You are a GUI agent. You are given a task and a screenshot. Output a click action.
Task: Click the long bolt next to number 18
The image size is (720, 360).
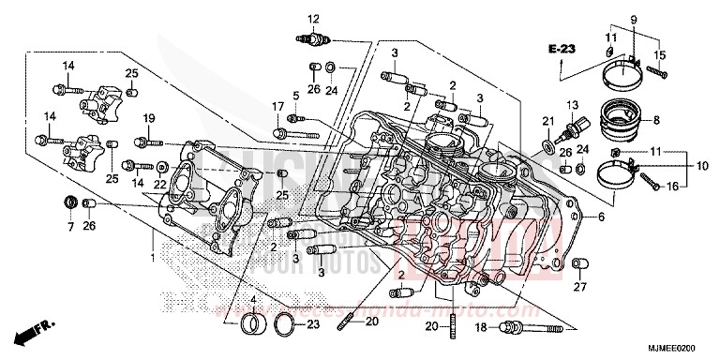[x=530, y=327]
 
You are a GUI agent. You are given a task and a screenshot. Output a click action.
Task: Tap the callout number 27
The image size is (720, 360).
[x=579, y=287]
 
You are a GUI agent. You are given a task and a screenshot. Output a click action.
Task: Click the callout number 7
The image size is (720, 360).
[x=69, y=227]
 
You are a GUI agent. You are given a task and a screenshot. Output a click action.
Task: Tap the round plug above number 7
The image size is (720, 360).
[x=69, y=203]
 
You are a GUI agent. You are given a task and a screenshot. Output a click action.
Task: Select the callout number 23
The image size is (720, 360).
[x=312, y=325]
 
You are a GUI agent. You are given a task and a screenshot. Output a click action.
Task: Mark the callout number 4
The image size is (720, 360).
[x=252, y=300]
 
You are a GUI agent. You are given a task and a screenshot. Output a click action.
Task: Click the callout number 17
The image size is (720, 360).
[x=278, y=105]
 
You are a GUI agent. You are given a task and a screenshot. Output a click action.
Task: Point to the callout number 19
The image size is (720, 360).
[x=148, y=117]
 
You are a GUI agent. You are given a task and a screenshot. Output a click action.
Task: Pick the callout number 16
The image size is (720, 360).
[x=673, y=187]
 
